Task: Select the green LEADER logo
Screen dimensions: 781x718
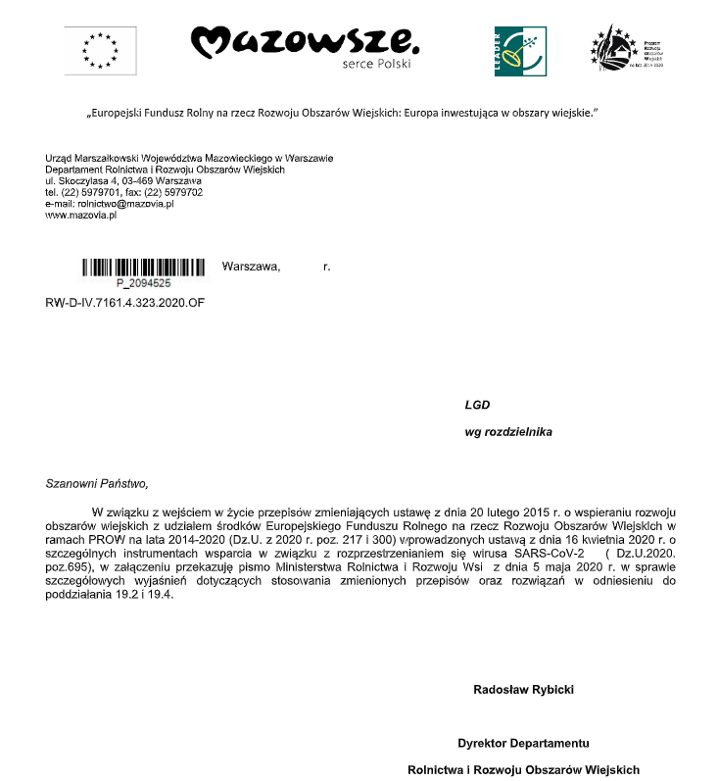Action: coord(521,49)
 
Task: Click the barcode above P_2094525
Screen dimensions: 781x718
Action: coord(143,267)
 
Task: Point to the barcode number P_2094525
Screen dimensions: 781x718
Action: coord(143,282)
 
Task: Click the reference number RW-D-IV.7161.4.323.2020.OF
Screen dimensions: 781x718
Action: coord(126,302)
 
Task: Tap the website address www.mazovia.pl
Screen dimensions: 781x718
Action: coord(81,216)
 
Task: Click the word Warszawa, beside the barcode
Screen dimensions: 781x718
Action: coord(252,267)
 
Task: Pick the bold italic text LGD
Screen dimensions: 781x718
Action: coord(477,405)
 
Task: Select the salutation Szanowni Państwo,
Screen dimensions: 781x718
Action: coord(96,483)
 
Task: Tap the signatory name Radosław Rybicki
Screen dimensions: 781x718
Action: coord(523,690)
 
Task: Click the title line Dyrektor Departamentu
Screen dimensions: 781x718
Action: coord(523,743)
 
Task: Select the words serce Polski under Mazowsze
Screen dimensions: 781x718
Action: coord(376,65)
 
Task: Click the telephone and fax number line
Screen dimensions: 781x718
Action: coord(124,193)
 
